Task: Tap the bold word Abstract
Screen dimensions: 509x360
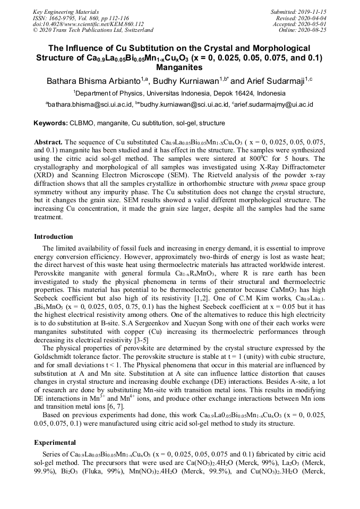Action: (x=48, y=143)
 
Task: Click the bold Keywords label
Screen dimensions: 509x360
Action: (x=51, y=123)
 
